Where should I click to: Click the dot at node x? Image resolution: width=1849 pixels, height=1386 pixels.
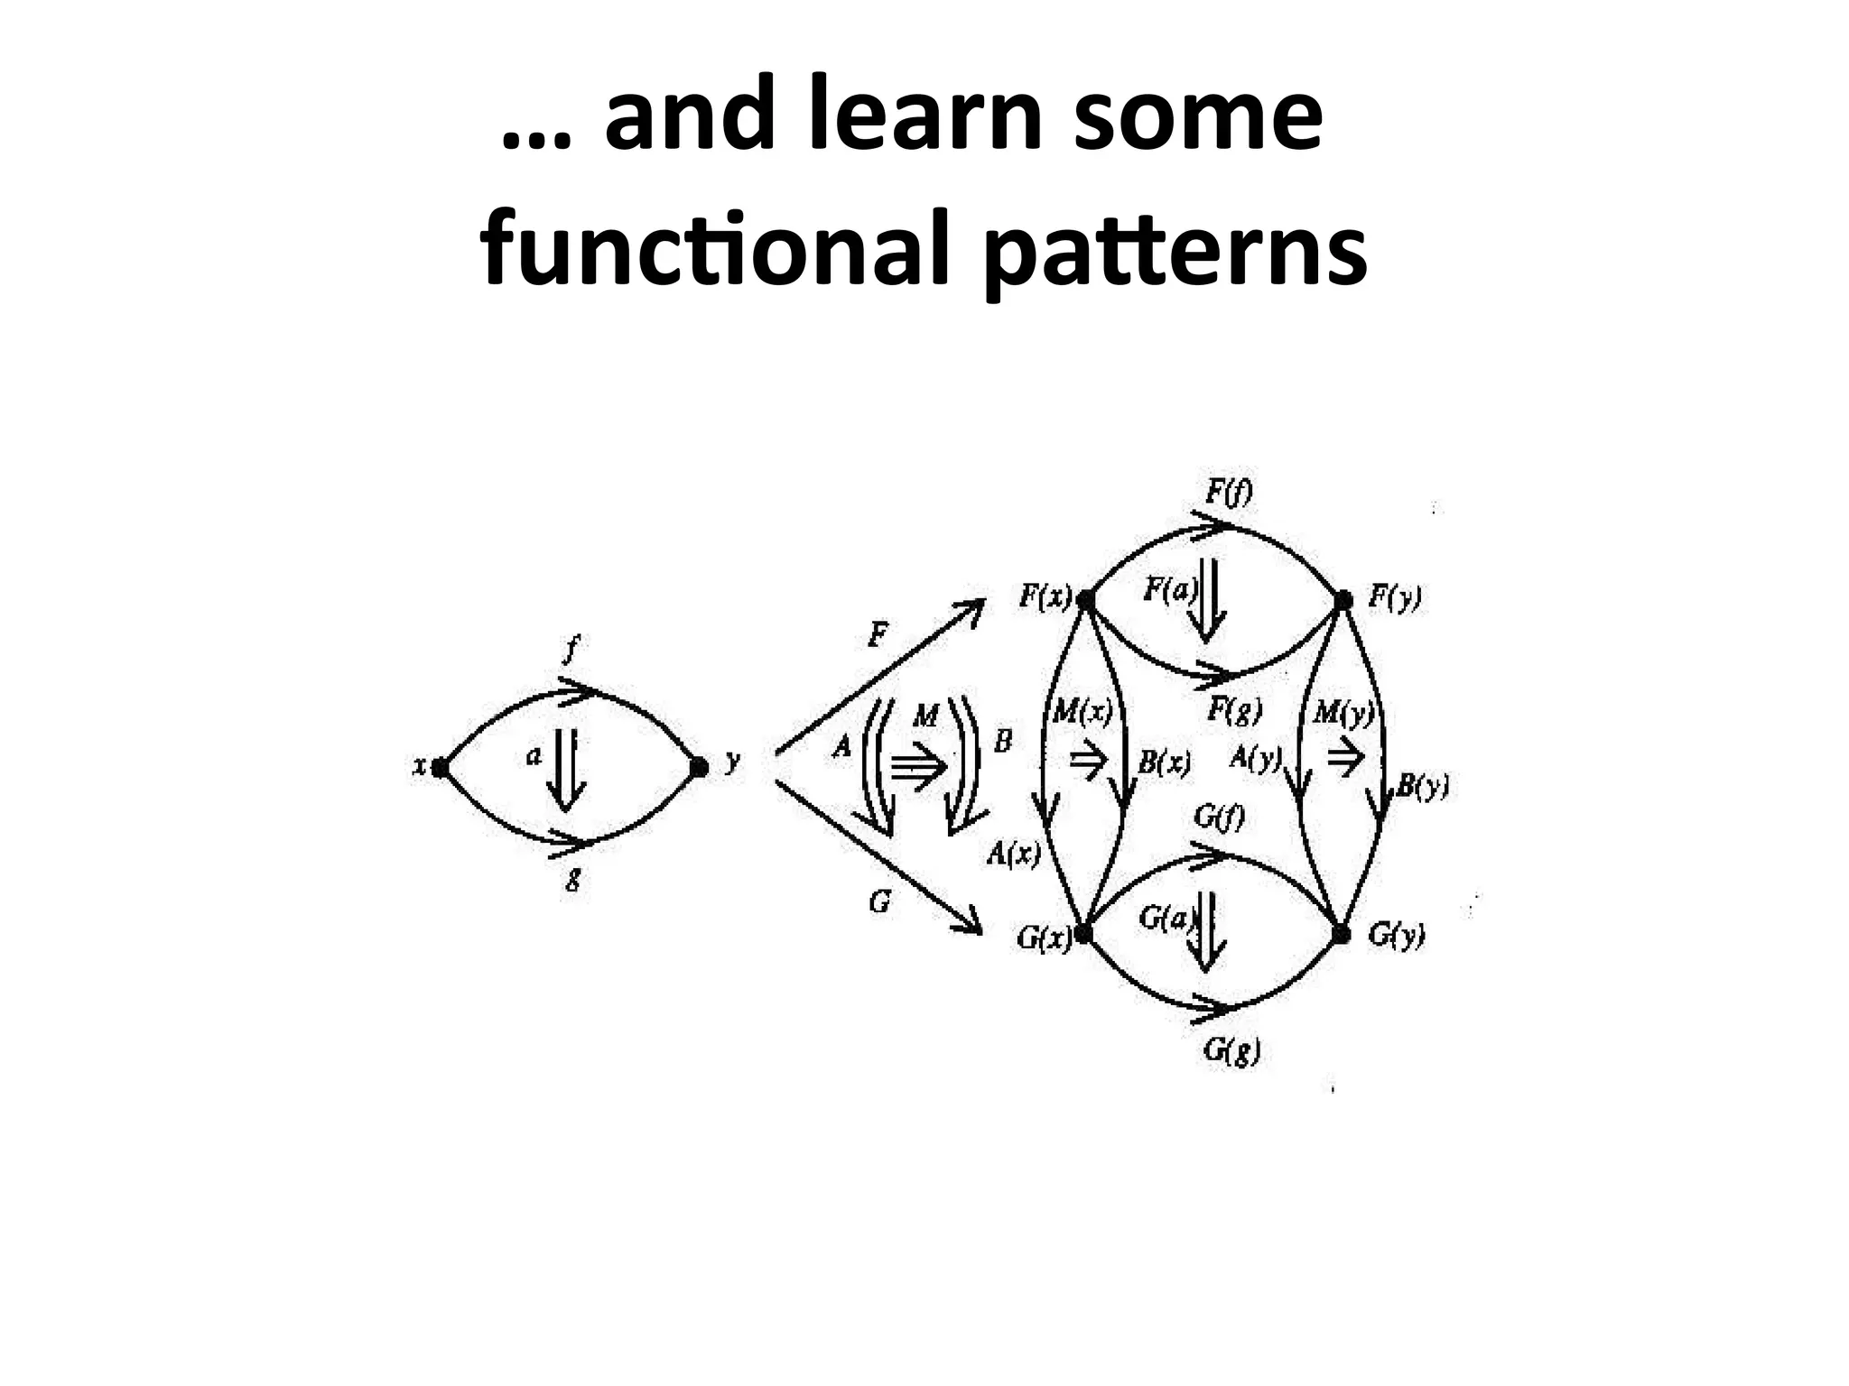440,768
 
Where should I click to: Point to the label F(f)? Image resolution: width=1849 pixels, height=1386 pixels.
1228,493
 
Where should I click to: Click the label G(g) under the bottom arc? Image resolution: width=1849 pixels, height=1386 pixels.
1231,1051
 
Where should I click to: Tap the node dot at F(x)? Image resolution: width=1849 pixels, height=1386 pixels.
1086,599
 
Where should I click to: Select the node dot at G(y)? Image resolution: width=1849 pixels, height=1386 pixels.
1342,934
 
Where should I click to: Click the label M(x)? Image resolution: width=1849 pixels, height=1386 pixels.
1082,713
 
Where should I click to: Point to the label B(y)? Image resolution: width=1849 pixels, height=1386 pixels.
1423,787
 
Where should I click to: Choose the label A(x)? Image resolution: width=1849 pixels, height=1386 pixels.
1013,853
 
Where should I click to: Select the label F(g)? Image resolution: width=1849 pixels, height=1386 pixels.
1233,711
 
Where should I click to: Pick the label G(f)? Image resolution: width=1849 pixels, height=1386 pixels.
1219,818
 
